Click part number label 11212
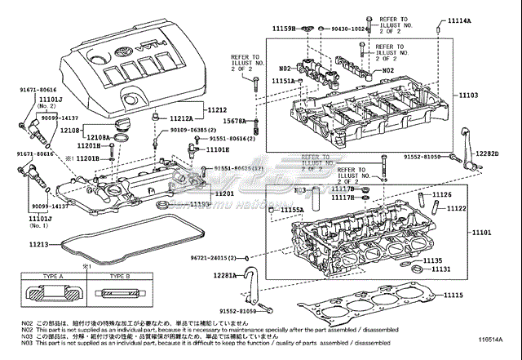216,109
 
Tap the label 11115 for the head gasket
453,295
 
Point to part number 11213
38,244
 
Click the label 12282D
488,153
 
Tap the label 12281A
229,276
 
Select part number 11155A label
290,210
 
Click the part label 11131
440,269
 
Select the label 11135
441,260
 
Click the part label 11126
441,194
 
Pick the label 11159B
285,29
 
